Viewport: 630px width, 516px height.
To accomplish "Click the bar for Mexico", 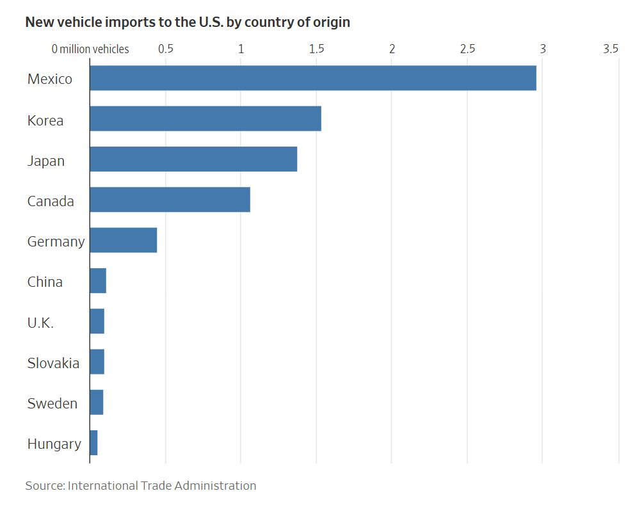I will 312,78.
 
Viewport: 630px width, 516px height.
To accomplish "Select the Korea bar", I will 205,118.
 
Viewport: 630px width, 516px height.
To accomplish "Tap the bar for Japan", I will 193,159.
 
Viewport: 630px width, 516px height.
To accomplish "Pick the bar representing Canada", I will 170,199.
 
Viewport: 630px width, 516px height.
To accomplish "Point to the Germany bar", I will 123,240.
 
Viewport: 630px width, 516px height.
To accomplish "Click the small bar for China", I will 98,280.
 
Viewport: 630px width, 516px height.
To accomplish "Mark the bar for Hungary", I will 93,442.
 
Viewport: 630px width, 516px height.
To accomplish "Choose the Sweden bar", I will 96,402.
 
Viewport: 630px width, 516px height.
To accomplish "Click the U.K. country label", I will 40,323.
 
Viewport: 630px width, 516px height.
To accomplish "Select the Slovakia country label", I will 53,363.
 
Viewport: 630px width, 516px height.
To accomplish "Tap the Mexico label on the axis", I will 49,79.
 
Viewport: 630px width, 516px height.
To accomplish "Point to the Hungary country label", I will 54,444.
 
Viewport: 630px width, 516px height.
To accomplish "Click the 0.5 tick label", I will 165,49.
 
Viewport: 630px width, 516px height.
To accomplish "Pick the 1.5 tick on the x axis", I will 316,49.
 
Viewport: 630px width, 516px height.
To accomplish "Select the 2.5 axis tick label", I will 467,49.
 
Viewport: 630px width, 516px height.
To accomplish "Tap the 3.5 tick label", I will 611,49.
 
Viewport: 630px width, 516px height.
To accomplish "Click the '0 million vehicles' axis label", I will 90,49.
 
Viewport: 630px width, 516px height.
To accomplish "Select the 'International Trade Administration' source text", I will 162,485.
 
